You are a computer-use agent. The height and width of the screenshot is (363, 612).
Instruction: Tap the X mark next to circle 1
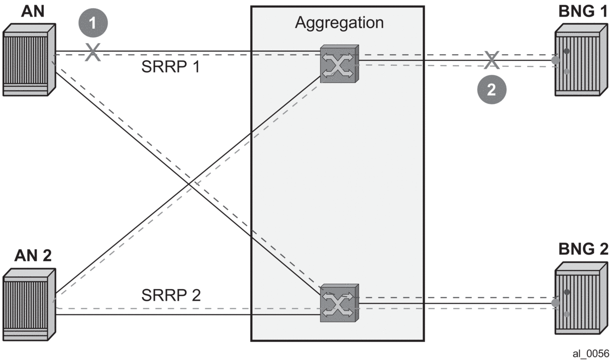point(92,52)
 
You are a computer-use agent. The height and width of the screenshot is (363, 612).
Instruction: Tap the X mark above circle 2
point(491,60)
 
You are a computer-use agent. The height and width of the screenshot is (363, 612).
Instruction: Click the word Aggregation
point(339,23)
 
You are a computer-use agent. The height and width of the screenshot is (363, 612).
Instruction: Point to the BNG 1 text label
point(582,11)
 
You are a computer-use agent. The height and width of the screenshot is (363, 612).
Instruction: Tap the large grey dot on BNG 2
point(555,303)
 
